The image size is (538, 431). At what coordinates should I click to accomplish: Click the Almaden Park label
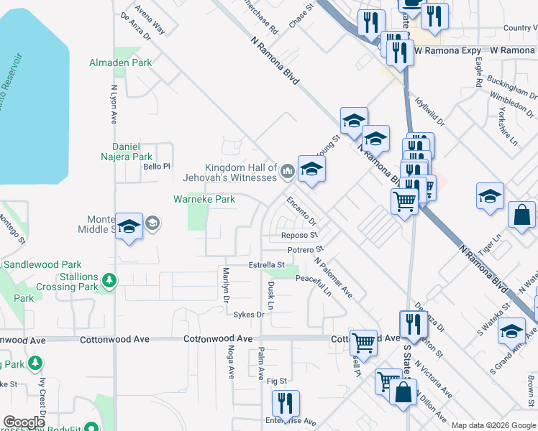coord(120,62)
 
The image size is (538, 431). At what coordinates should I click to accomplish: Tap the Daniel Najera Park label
coord(132,152)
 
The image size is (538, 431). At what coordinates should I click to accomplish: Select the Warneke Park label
coord(204,199)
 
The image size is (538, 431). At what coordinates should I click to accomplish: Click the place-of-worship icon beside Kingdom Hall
coord(288,170)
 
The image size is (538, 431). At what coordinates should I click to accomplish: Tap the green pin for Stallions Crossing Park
coord(109,279)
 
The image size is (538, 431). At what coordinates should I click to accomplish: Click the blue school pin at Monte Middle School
coord(129,226)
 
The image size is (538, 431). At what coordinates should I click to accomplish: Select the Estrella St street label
coord(267,264)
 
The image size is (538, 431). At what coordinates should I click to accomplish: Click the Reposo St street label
coord(300,235)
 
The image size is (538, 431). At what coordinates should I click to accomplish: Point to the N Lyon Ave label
coord(114,105)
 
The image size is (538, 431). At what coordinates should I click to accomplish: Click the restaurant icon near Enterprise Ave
coord(286,403)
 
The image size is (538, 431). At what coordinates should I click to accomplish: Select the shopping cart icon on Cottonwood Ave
coord(364,342)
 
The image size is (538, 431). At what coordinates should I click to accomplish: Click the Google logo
coord(24,422)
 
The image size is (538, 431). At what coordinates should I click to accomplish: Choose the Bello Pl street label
coord(155,166)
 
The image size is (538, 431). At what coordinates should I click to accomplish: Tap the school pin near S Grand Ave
coord(511,331)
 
